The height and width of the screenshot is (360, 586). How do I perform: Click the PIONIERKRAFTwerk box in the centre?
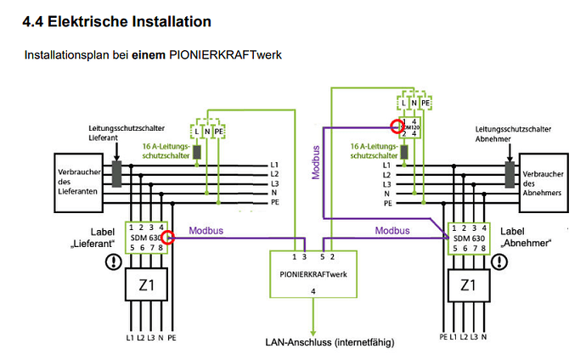pos(314,275)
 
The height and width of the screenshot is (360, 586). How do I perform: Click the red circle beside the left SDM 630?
pos(169,239)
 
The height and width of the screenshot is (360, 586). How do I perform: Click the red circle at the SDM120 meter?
pos(396,127)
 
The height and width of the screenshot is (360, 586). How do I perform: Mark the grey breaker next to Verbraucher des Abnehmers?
pos(511,173)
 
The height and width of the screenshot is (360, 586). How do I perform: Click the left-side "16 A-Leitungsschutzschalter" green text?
pos(166,152)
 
